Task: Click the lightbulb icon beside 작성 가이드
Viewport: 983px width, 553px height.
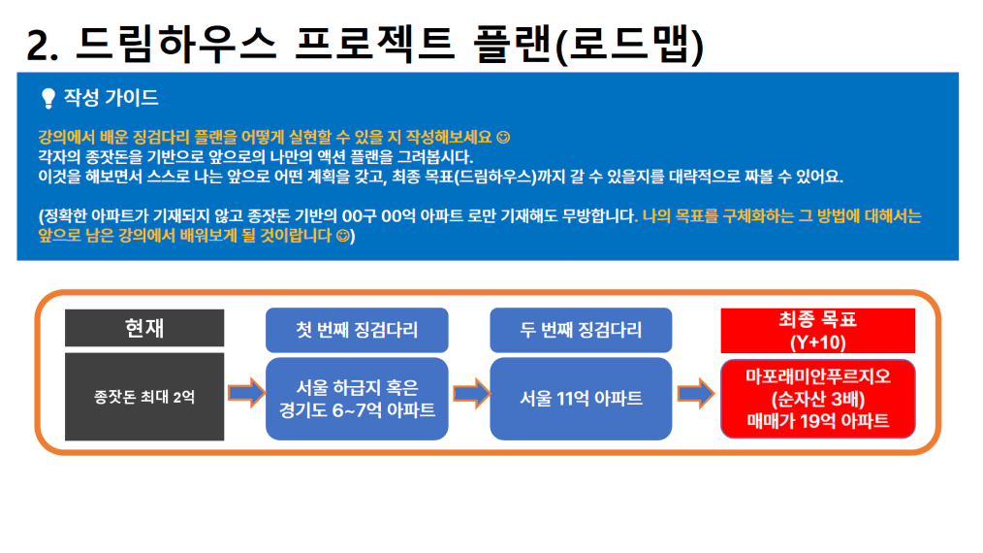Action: pyautogui.click(x=48, y=99)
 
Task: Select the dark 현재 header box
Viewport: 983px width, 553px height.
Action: pyautogui.click(x=144, y=328)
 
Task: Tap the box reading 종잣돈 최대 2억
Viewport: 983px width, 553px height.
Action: pyautogui.click(x=144, y=397)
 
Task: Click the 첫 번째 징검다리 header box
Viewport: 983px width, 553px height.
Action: pyautogui.click(x=357, y=330)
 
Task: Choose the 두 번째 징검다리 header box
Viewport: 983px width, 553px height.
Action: pyautogui.click(x=581, y=330)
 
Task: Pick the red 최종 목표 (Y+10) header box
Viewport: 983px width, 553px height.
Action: pyautogui.click(x=817, y=331)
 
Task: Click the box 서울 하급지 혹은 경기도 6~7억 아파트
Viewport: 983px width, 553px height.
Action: pyautogui.click(x=357, y=399)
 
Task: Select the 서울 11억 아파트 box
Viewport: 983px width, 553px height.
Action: pyautogui.click(x=581, y=399)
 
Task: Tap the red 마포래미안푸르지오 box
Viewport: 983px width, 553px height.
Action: pyautogui.click(x=817, y=399)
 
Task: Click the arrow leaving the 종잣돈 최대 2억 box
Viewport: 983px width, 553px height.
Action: pyautogui.click(x=246, y=394)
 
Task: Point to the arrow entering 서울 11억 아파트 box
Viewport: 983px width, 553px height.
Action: pyautogui.click(x=471, y=394)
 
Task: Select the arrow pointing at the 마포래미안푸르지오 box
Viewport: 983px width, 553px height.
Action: pyautogui.click(x=696, y=394)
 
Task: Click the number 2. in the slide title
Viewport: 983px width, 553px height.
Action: pyautogui.click(x=42, y=46)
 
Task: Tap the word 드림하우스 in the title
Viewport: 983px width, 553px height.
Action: pyautogui.click(x=175, y=44)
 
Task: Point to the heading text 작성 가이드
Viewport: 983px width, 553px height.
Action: pyautogui.click(x=111, y=97)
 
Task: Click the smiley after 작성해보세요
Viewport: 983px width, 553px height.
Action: pyautogui.click(x=503, y=137)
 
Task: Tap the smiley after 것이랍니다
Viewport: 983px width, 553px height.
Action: pyautogui.click(x=342, y=236)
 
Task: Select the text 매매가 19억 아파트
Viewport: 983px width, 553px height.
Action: pyautogui.click(x=817, y=420)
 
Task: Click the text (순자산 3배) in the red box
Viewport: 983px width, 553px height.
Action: pyautogui.click(x=817, y=399)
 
